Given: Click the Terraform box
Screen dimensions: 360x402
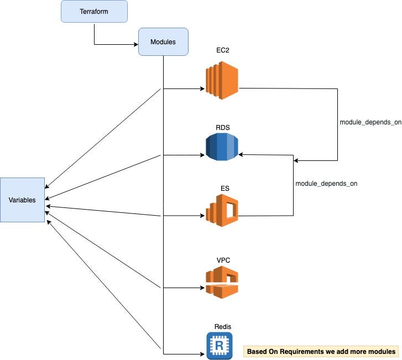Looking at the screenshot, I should click(94, 12).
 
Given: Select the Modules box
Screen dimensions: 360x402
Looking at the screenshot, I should click(163, 43).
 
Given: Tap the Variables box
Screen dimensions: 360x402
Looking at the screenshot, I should click(22, 200).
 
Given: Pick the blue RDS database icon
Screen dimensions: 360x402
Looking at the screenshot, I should click(221, 147).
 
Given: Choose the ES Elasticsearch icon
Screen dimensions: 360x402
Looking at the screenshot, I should click(222, 211).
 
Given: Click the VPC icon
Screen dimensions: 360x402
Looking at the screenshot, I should click(222, 281).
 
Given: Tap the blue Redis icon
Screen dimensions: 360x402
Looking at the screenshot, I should click(219, 346).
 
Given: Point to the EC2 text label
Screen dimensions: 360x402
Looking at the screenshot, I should click(223, 50).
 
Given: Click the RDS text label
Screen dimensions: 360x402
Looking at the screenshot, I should click(223, 127).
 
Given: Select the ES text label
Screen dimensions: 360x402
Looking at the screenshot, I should click(225, 189).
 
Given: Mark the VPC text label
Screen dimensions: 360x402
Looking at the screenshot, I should click(223, 259).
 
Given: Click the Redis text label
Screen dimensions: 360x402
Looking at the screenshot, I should click(222, 327).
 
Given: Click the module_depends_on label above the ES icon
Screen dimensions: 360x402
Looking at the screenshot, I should click(326, 183).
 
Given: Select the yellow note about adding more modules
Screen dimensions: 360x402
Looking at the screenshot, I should click(321, 351).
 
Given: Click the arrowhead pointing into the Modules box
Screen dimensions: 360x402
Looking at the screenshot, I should click(135, 44).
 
